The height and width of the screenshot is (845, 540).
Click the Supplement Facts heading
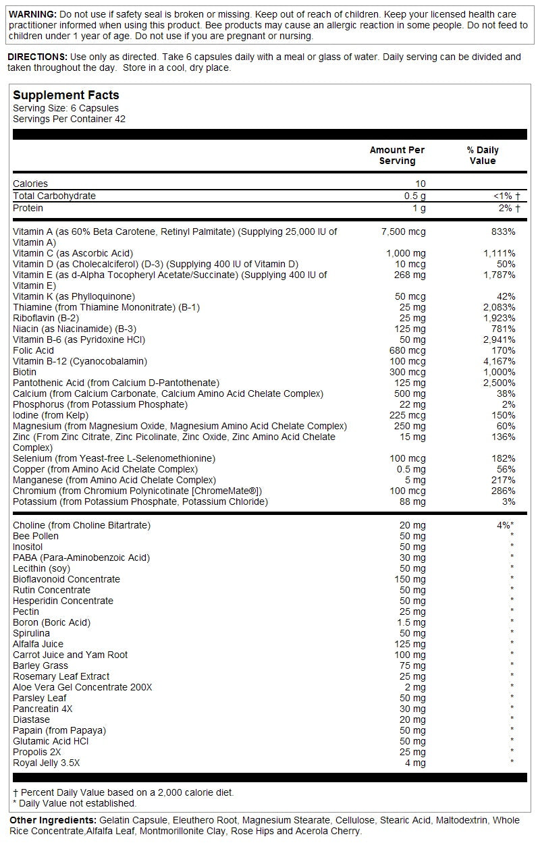66,96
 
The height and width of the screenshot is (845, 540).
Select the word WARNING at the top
32,14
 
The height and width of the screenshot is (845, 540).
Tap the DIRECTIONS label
37,57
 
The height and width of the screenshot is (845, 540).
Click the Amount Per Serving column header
397,155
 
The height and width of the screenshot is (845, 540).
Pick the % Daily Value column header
482,155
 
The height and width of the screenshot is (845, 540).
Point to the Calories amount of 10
421,184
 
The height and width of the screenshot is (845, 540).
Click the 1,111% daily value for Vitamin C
499,253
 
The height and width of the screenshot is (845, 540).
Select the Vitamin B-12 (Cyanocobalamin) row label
80,361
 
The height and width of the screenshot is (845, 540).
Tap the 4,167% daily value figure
499,361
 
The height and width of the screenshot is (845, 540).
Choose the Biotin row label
26,372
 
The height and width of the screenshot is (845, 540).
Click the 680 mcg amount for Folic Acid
408,350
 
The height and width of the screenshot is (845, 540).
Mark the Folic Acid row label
33,350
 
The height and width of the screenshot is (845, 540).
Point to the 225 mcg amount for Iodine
408,415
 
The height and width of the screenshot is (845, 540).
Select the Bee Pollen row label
36,536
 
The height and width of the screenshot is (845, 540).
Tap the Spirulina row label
31,633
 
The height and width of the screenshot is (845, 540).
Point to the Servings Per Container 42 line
69,119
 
